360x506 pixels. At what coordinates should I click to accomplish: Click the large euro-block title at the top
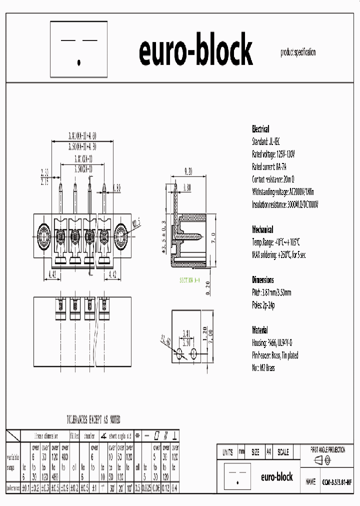pyautogui.click(x=195, y=51)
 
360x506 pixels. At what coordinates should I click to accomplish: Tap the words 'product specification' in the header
pyautogui.click(x=298, y=52)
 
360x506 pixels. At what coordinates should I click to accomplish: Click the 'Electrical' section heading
pyautogui.click(x=260, y=128)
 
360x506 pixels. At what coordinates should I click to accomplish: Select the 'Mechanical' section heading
pyautogui.click(x=262, y=229)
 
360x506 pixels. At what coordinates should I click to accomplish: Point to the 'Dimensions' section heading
pyautogui.click(x=262, y=280)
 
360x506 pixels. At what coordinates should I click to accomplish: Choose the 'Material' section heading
pyautogui.click(x=260, y=330)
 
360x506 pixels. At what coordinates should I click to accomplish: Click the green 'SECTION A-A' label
pyautogui.click(x=190, y=280)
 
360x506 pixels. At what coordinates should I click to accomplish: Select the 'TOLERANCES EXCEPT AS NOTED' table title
pyautogui.click(x=93, y=420)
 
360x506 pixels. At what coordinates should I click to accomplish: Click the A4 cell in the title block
pyautogui.click(x=268, y=452)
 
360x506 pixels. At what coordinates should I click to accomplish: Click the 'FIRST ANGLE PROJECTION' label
pyautogui.click(x=327, y=449)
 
